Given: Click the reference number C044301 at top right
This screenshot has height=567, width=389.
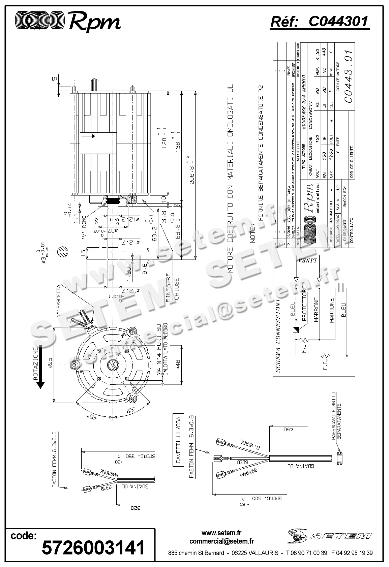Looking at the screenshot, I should click(338, 22).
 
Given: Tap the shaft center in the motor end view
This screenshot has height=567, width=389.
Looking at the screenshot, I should click(113, 365).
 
